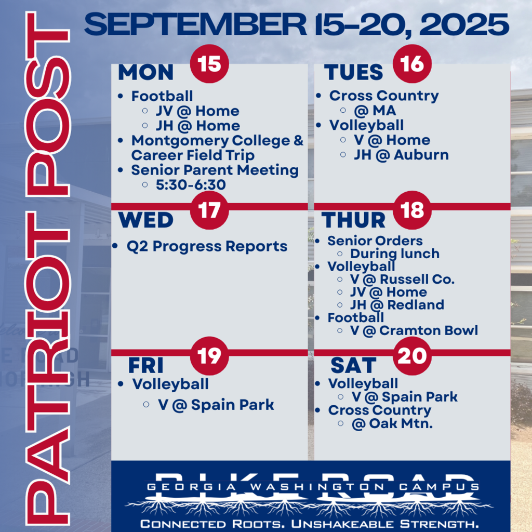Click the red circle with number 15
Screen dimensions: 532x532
point(209,64)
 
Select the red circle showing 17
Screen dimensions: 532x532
point(209,210)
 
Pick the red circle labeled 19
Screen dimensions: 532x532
point(209,356)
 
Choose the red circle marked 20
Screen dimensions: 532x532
point(412,356)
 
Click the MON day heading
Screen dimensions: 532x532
point(145,72)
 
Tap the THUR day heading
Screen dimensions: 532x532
point(354,220)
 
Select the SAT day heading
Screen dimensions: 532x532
point(353,366)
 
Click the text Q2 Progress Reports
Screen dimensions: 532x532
point(207,246)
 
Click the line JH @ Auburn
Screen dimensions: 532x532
point(401,155)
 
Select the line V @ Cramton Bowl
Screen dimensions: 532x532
point(414,330)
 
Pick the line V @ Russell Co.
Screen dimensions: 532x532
point(402,279)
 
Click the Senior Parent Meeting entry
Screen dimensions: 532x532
point(215,170)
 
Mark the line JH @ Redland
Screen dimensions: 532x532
point(397,304)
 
